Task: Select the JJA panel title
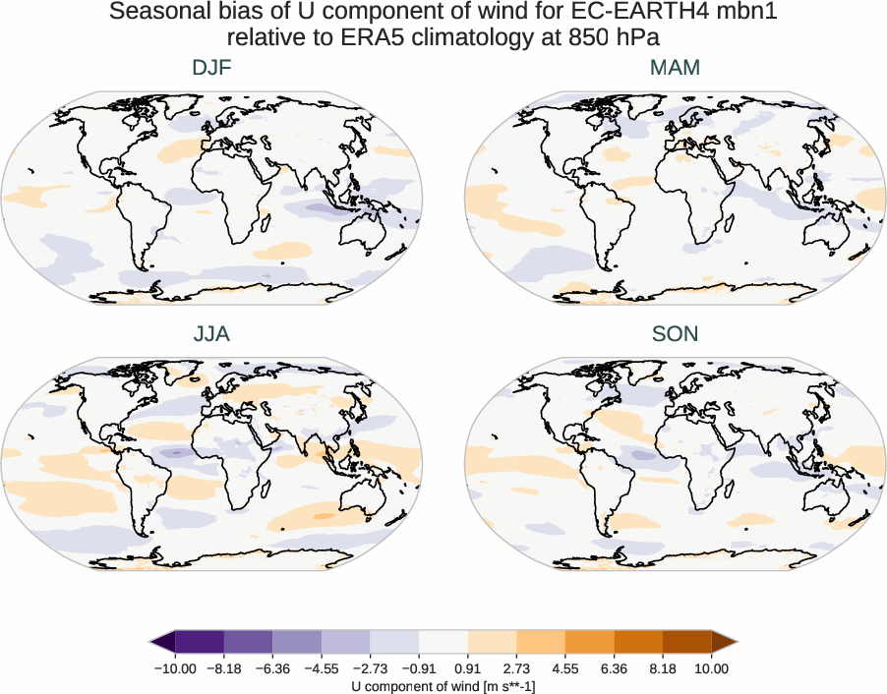coord(211,334)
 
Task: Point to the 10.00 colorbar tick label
coord(712,668)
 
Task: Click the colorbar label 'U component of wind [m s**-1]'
coord(443,685)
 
